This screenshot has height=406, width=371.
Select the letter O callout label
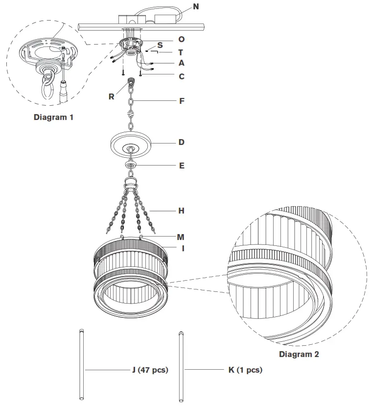182,39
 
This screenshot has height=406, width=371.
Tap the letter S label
160,45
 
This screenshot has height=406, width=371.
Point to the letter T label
181,52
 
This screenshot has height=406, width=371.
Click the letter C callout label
182,76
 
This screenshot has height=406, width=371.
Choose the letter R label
112,96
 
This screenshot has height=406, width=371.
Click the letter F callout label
182,101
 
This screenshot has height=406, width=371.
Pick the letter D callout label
182,143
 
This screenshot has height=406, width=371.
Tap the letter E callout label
182,166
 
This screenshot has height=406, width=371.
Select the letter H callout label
182,211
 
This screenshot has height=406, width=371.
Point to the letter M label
181,237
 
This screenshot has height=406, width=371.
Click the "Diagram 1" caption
54,118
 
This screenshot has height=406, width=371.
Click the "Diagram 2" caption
299,354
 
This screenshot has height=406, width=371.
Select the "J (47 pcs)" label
150,370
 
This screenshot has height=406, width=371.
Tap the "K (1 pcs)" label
245,370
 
